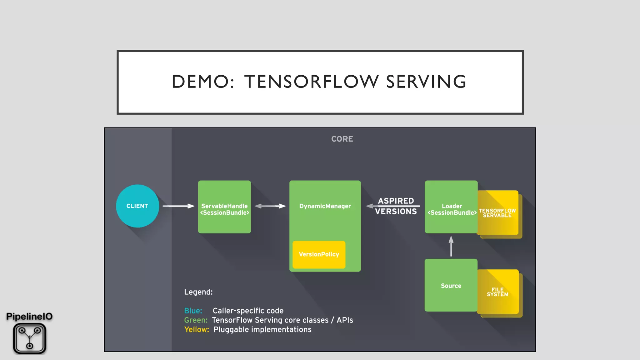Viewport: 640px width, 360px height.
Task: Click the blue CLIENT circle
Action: click(137, 206)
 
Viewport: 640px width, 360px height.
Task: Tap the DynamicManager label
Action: click(325, 206)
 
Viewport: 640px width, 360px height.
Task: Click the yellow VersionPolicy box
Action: click(319, 254)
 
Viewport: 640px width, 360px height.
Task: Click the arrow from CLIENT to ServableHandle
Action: click(178, 206)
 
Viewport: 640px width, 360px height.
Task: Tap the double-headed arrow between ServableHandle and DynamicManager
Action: click(270, 206)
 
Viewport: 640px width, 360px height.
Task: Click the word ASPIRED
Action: click(396, 201)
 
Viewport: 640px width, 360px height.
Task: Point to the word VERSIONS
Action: click(396, 212)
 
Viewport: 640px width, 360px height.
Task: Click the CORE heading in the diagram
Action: click(342, 139)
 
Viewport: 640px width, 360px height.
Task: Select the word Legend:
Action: click(198, 292)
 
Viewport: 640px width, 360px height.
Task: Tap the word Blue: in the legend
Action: click(193, 311)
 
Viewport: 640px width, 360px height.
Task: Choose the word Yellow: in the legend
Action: click(197, 330)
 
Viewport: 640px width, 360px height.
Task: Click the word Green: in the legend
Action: click(196, 320)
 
